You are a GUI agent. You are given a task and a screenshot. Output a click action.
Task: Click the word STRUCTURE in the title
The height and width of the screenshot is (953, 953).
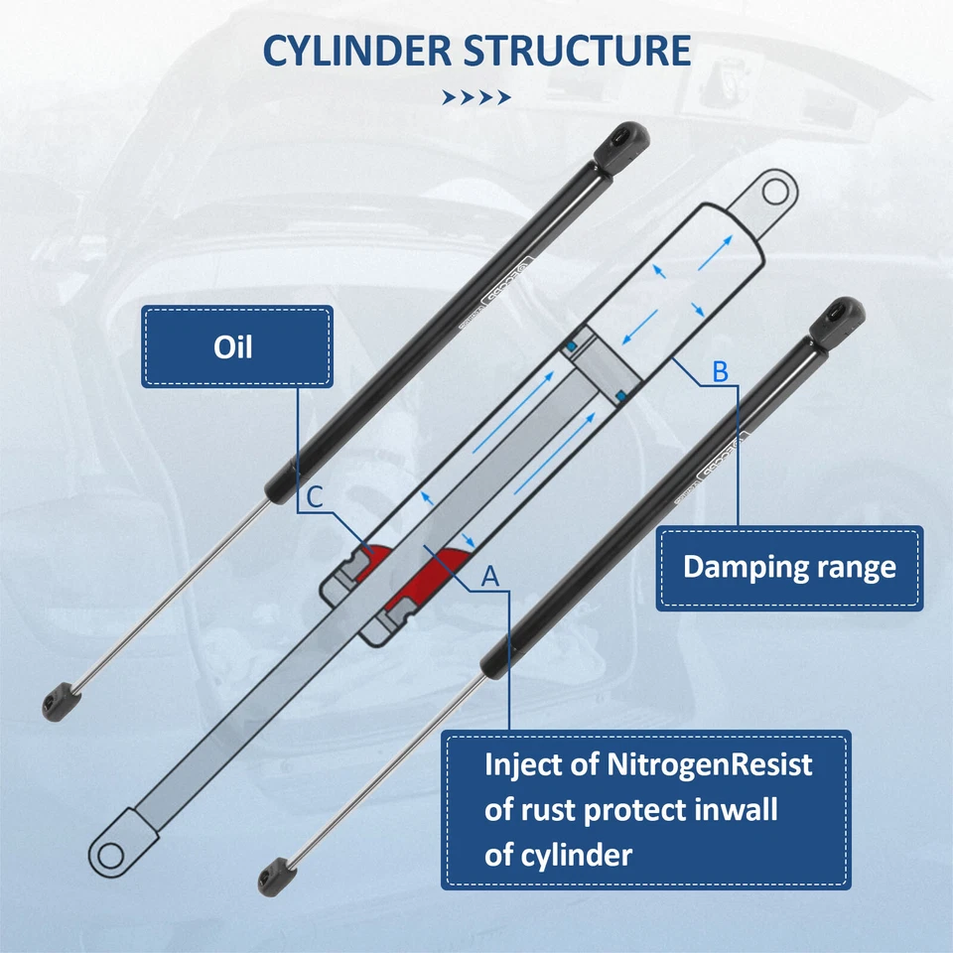click(579, 51)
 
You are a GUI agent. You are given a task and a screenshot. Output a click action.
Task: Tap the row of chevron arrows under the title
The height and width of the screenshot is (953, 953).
click(476, 97)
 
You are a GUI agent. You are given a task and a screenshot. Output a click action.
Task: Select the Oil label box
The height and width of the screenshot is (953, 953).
click(236, 346)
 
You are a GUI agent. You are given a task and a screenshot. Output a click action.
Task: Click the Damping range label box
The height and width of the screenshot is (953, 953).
click(789, 568)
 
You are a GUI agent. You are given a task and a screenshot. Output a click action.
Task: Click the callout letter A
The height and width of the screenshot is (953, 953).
click(489, 575)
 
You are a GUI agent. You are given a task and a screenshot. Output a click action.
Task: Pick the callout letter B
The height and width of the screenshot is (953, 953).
click(721, 372)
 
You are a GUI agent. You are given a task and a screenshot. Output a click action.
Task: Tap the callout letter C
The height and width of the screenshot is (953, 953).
click(313, 497)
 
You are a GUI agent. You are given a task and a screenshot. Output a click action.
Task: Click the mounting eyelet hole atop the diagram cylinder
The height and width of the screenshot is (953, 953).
click(775, 190)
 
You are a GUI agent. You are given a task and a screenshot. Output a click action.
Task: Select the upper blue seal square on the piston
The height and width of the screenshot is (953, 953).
click(572, 343)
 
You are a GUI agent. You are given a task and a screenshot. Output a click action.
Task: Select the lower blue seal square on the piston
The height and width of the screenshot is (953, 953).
click(620, 395)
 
